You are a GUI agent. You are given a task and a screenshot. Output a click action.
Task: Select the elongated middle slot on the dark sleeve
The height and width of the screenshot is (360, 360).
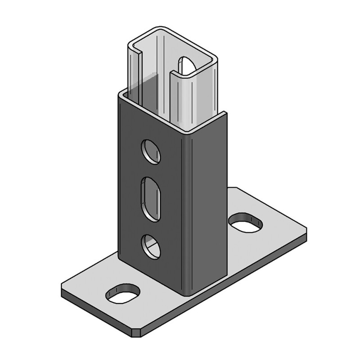[x=151, y=198]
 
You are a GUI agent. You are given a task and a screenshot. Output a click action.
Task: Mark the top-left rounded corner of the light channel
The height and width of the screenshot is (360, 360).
[x=130, y=45]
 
